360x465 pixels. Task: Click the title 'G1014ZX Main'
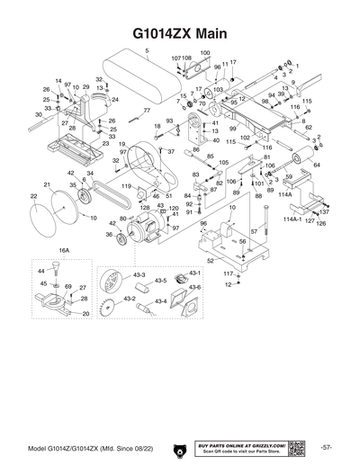pyautogui.click(x=179, y=32)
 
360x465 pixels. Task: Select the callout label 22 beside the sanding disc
pyautogui.click(x=33, y=195)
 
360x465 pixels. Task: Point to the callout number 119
pyautogui.click(x=127, y=186)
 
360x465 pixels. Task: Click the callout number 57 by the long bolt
pyautogui.click(x=254, y=232)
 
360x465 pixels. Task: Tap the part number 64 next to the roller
pyautogui.click(x=314, y=165)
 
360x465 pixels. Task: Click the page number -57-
pyautogui.click(x=327, y=423)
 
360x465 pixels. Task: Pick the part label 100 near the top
pyautogui.click(x=204, y=53)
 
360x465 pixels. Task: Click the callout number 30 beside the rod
pyautogui.click(x=39, y=116)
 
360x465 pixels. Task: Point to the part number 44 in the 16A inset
pyautogui.click(x=41, y=270)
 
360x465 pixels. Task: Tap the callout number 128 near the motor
pyautogui.click(x=143, y=208)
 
